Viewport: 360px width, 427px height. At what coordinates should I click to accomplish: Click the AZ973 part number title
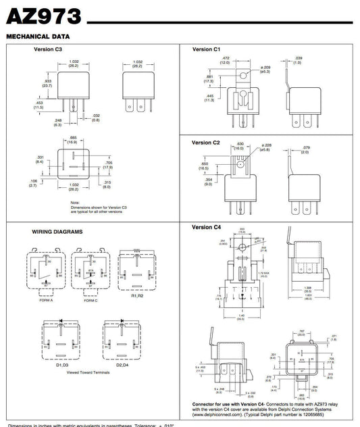tap(44, 16)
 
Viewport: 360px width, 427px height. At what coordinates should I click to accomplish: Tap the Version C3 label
tap(48, 49)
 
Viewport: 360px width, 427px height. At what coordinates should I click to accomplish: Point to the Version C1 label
tap(207, 49)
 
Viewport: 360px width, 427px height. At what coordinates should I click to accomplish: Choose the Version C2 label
tap(207, 143)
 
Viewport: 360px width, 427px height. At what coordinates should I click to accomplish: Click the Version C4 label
tap(207, 227)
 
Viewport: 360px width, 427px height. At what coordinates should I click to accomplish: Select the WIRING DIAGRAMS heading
tap(57, 232)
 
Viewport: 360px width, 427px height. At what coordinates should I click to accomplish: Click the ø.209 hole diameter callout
tap(264, 69)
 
